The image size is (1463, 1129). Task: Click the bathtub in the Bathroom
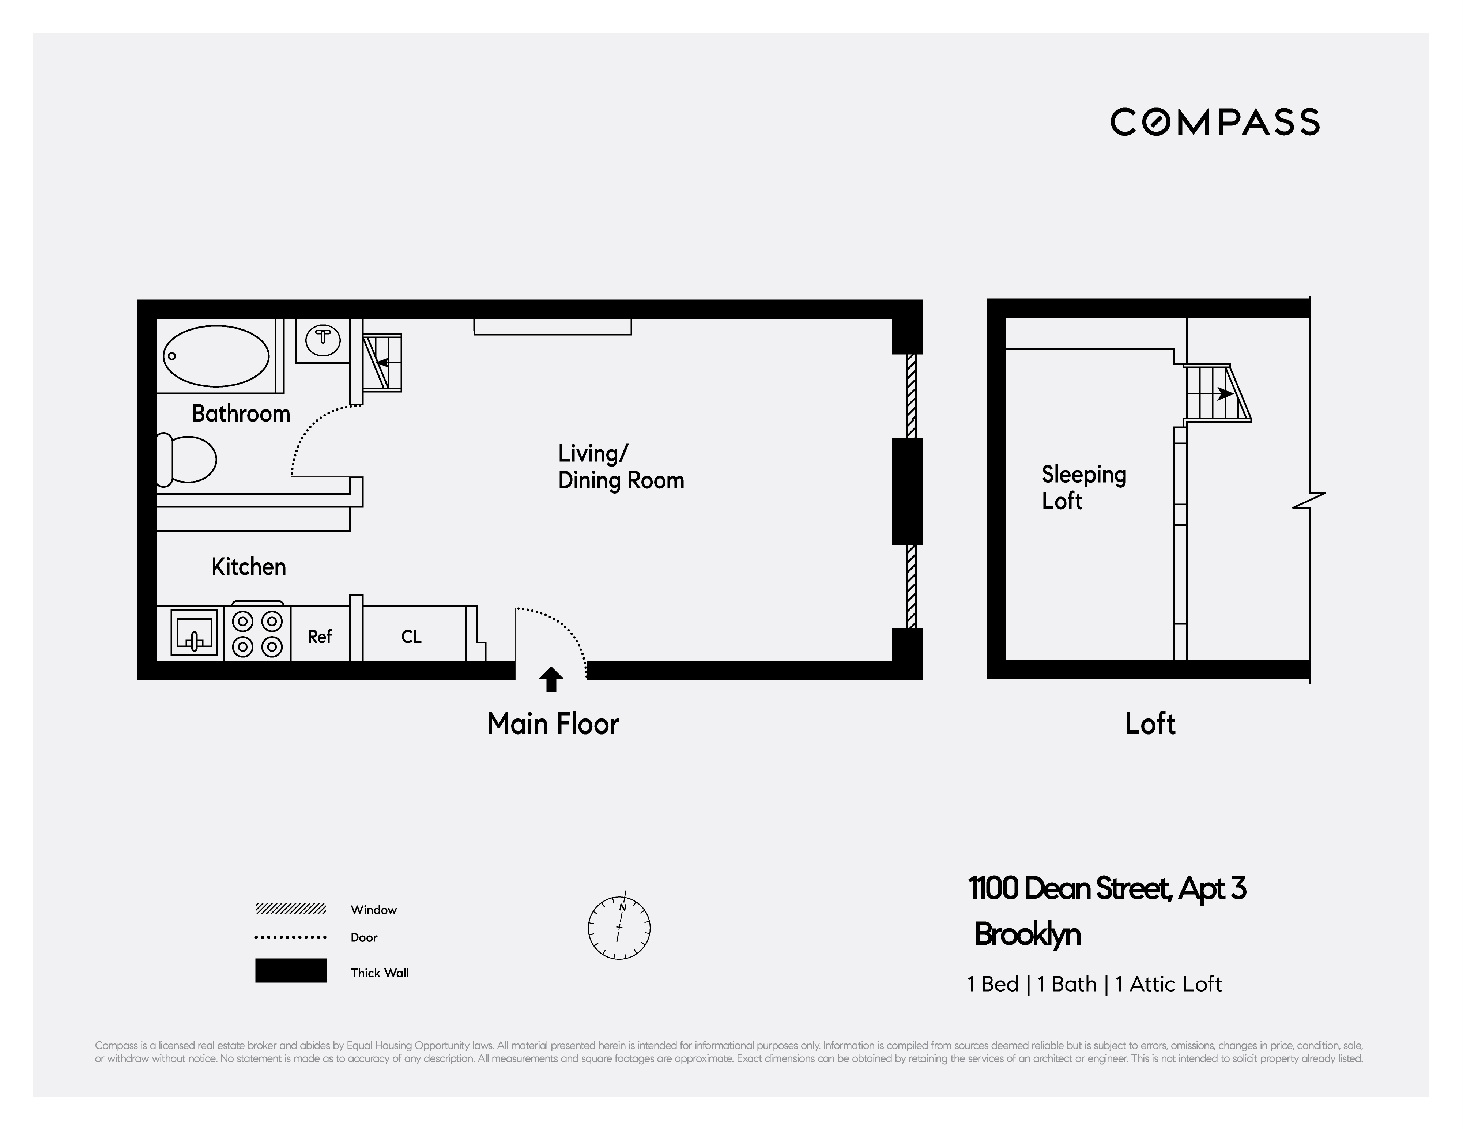216,356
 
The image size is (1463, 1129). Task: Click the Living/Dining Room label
620,467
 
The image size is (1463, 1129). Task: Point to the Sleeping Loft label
1083,487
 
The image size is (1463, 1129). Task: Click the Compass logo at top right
1214,122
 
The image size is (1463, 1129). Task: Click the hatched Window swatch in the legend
291,909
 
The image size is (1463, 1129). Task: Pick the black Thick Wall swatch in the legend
291,970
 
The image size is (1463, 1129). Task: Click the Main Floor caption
553,724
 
